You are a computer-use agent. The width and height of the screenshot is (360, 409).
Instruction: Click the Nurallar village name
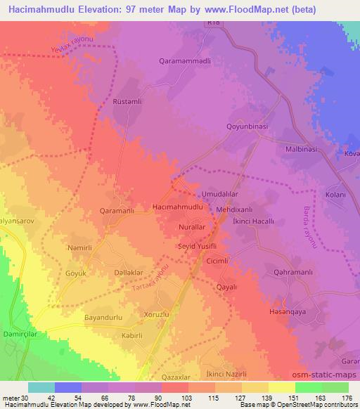(198, 229)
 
